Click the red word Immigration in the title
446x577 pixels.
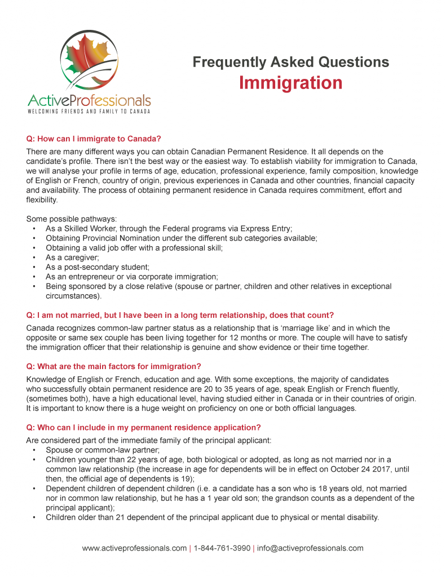tap(290, 83)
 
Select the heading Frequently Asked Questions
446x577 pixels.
tap(290, 62)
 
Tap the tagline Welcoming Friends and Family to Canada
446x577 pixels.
tap(89, 112)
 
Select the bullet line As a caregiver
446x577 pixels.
tap(72, 257)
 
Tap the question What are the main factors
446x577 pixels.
tap(113, 367)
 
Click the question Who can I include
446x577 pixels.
tap(143, 428)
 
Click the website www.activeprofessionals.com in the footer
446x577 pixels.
tap(134, 548)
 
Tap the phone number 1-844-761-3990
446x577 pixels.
tap(222, 548)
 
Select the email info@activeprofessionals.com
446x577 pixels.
tap(310, 548)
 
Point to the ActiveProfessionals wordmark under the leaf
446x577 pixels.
tap(89, 100)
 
